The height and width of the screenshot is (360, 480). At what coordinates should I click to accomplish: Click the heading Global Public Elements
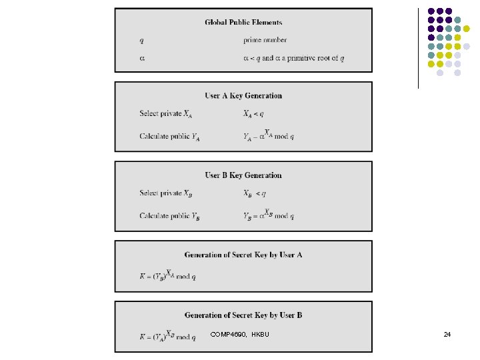point(243,22)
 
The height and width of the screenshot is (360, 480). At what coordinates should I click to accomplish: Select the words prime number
point(265,40)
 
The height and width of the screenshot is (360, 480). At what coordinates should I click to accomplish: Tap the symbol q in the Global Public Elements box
point(141,40)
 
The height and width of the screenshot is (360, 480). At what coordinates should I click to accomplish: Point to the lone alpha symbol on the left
point(142,58)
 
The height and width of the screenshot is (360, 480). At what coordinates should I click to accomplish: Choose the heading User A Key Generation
point(243,96)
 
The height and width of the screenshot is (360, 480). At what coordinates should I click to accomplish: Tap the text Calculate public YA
point(169,137)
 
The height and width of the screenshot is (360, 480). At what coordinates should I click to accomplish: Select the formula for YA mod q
point(269,135)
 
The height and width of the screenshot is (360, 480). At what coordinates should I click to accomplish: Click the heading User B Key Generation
point(243,175)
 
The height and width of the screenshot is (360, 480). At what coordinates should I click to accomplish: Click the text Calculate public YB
point(169,216)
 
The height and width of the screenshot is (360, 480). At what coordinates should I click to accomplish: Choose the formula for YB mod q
point(269,215)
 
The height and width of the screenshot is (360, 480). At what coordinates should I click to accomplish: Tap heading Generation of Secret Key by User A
point(243,255)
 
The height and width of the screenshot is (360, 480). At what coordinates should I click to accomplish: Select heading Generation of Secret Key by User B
point(243,315)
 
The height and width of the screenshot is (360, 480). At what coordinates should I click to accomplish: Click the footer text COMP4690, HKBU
point(239,334)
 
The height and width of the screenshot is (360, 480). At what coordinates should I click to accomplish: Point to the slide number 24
point(447,334)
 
